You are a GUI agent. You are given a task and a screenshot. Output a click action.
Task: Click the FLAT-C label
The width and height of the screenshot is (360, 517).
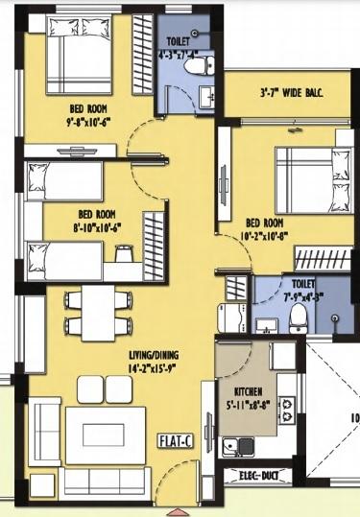pyautogui.click(x=178, y=441)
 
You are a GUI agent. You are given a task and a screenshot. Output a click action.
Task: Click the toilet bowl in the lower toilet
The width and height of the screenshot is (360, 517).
pyautogui.click(x=300, y=317)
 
